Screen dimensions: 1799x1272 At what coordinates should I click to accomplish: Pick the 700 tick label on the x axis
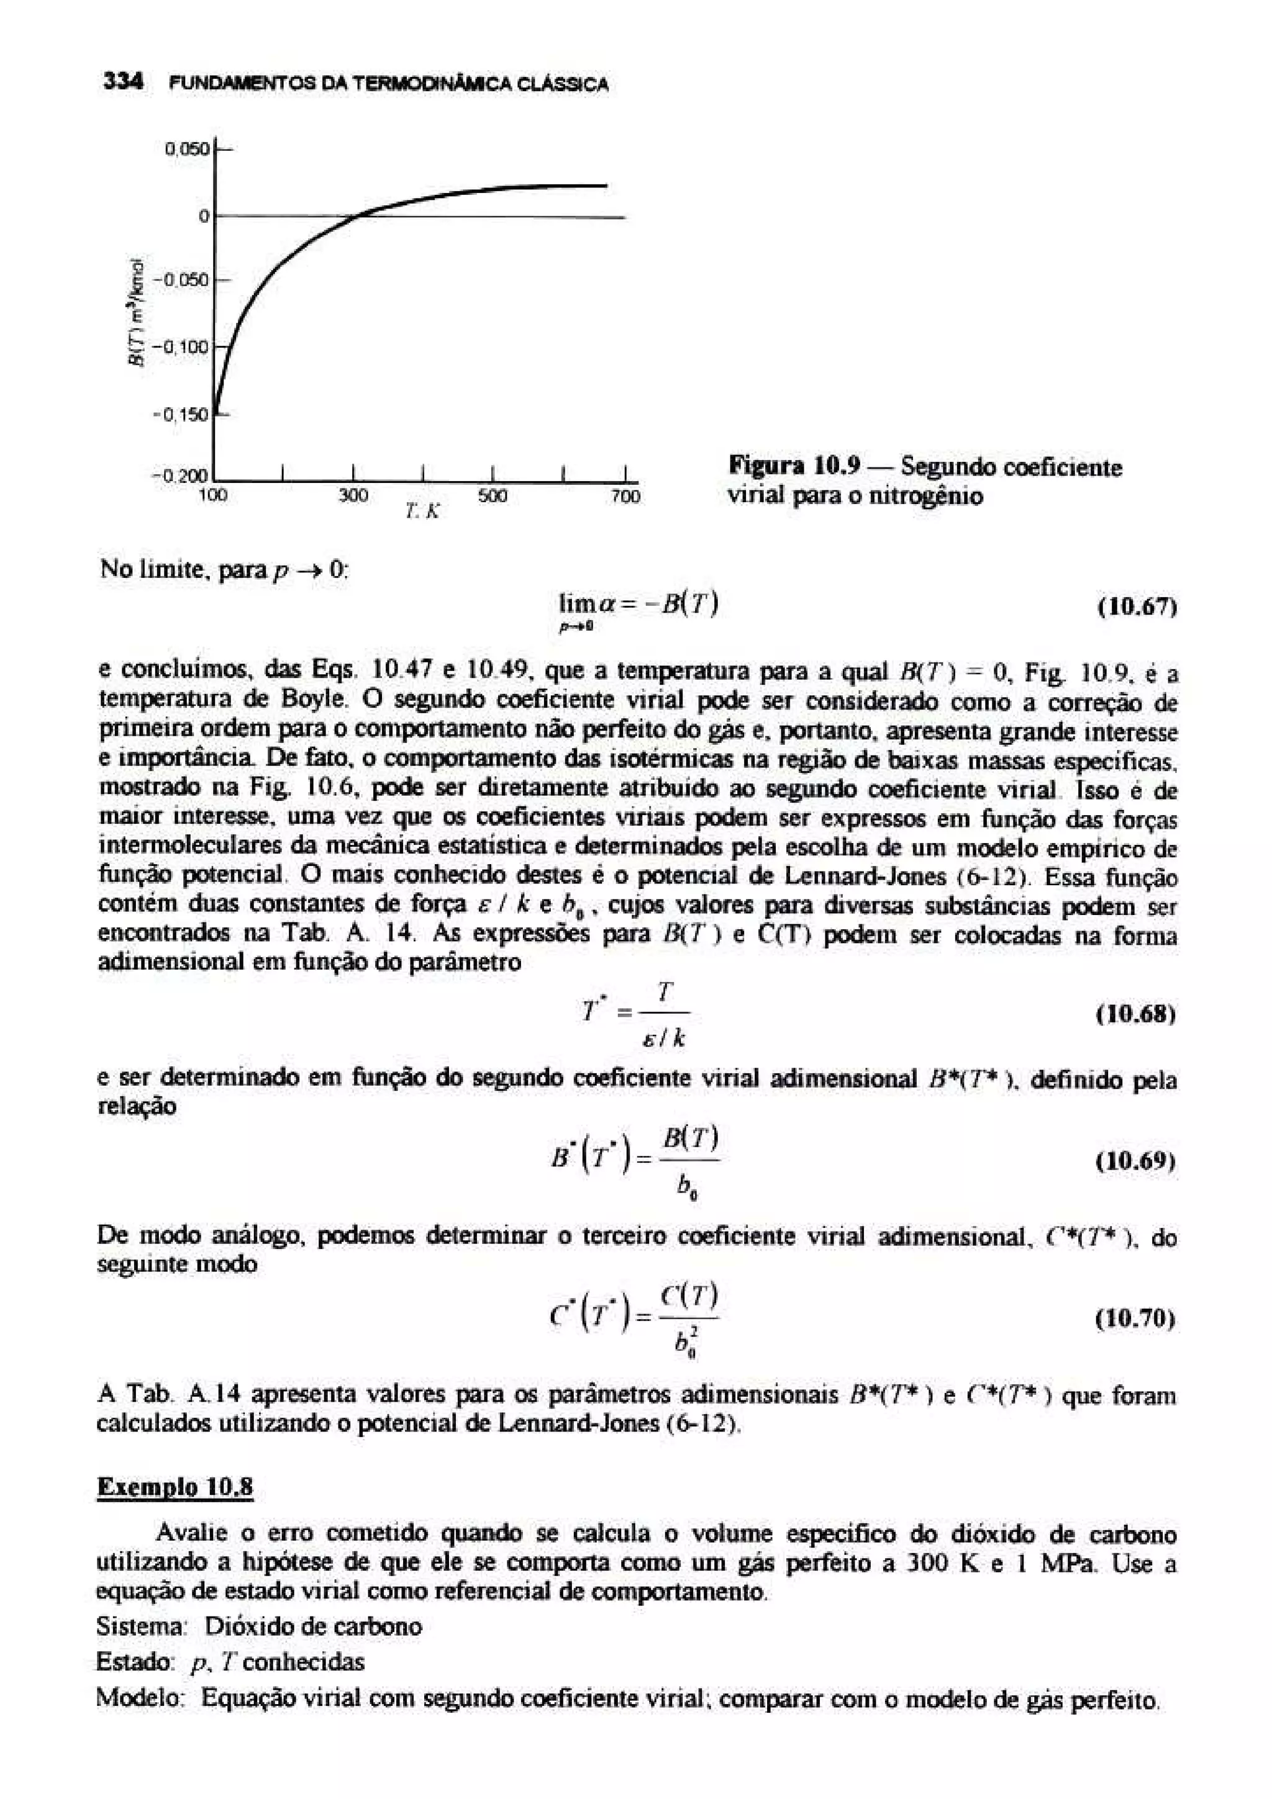point(625,496)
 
